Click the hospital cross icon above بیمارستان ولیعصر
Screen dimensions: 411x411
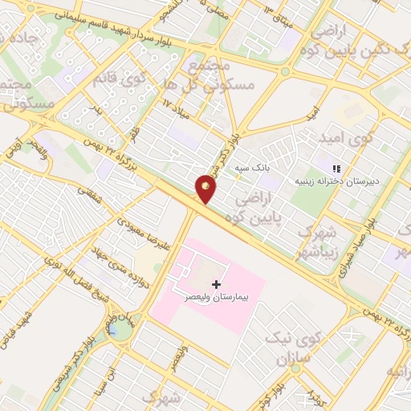[216, 284]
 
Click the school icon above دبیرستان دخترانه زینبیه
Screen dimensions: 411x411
[336, 169]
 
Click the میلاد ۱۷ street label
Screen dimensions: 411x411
[180, 108]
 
